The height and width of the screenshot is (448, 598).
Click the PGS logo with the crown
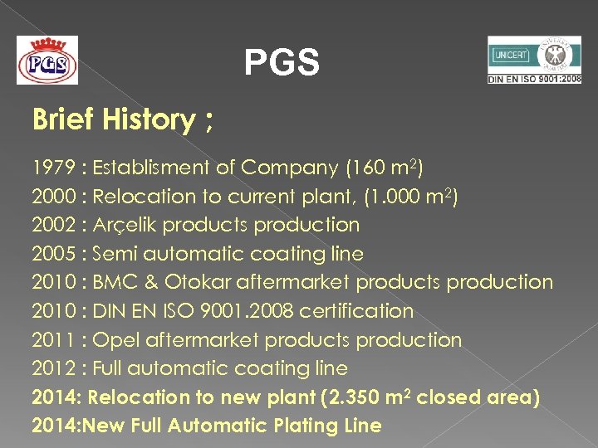tap(47, 60)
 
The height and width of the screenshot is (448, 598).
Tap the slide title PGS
tap(281, 63)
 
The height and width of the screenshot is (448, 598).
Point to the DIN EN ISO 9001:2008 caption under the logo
tap(534, 78)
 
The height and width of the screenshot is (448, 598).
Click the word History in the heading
tap(146, 120)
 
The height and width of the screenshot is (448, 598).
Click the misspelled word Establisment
tap(151, 168)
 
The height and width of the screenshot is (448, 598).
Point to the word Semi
tap(115, 254)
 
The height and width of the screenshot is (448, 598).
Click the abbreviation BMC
tap(113, 283)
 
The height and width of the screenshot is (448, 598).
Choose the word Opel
tap(115, 340)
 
